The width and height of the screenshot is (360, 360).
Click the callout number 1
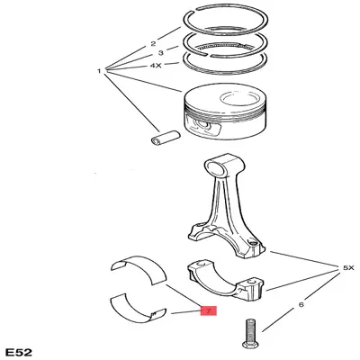point(99,71)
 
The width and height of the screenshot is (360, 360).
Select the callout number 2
point(153,44)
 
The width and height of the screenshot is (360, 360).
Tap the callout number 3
point(161,53)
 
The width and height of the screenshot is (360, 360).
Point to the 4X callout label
point(156,65)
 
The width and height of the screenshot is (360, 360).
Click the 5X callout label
point(348,268)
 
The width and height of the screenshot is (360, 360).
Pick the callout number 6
point(301,304)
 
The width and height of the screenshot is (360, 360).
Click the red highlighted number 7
point(209,310)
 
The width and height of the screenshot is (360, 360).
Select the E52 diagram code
point(19,352)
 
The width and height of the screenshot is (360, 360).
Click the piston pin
point(165,137)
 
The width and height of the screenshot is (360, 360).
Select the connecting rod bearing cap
point(226,279)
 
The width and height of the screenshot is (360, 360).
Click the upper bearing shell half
point(139,267)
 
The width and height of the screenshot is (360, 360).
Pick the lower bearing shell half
point(137,309)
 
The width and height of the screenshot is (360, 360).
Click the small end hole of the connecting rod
point(217,168)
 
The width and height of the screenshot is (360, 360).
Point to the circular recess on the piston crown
point(238,99)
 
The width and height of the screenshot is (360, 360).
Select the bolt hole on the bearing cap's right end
point(251,282)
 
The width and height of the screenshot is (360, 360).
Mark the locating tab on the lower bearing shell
point(155,314)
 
